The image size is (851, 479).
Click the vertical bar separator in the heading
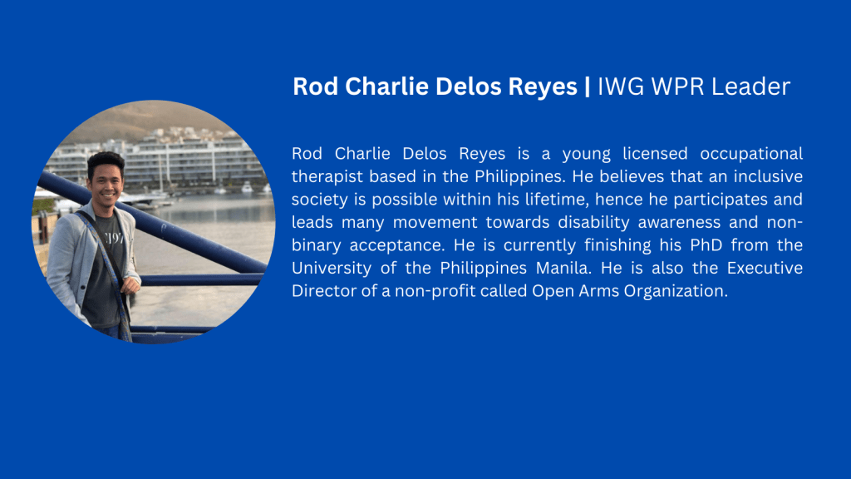(588, 86)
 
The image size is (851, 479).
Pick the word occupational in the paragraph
(751, 154)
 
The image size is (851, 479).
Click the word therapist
(327, 176)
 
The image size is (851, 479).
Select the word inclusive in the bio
(768, 176)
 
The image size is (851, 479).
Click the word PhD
(706, 245)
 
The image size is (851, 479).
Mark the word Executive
(765, 268)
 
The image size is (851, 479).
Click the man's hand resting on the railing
(130, 284)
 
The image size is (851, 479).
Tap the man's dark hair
(106, 161)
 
